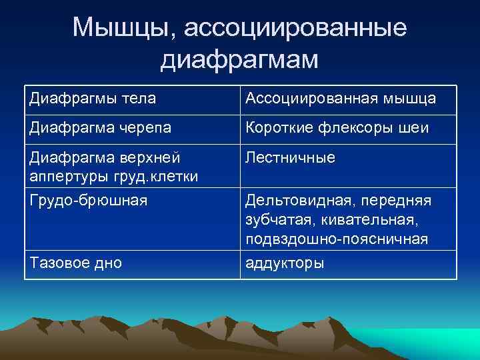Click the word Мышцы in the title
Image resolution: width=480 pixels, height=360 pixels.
click(x=122, y=28)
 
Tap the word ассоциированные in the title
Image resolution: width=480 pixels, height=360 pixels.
click(x=295, y=28)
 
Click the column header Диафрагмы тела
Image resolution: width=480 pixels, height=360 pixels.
click(x=93, y=99)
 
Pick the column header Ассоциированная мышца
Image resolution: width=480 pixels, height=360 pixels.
click(x=341, y=99)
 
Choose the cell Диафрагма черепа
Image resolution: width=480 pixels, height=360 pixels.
click(x=100, y=128)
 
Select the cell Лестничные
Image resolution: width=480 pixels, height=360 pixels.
click(x=290, y=158)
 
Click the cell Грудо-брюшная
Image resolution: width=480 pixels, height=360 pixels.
click(x=87, y=201)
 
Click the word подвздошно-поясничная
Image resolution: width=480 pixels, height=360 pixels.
click(x=337, y=239)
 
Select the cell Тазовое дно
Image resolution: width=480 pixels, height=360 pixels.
click(x=75, y=263)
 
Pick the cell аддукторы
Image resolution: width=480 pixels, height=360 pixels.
click(x=285, y=263)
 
